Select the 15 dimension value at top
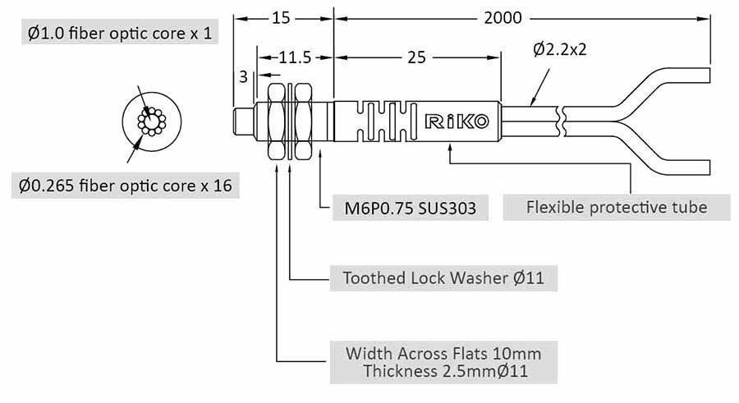coord(282,17)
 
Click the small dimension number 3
coord(243,76)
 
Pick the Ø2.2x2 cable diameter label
coord(559,49)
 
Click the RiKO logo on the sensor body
coord(457,122)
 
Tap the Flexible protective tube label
coord(616,207)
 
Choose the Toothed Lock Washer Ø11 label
coord(443,277)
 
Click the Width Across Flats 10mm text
coord(443,354)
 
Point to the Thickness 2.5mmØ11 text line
coord(444,371)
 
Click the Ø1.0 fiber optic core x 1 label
coord(119,34)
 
